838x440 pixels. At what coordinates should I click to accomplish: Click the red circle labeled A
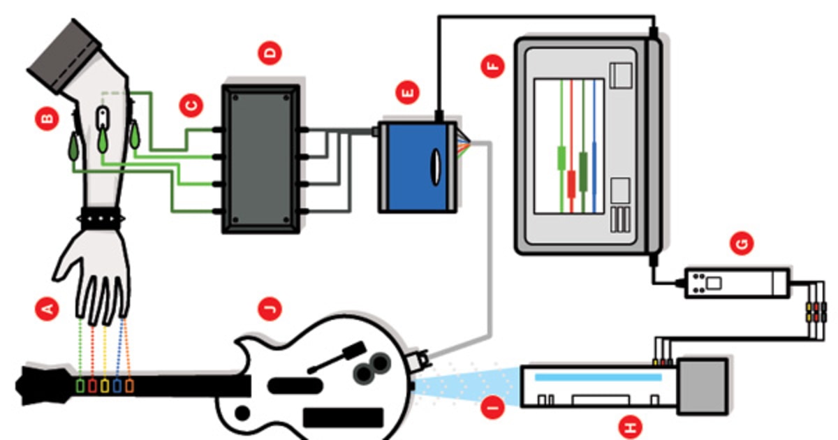pos(47,308)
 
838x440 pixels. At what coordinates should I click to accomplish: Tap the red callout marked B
pos(46,120)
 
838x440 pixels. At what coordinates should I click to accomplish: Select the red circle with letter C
pos(189,105)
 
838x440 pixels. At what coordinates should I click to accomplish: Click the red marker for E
pos(406,91)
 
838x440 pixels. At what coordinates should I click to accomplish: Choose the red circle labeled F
pos(493,67)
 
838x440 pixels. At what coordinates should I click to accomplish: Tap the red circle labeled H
pos(633,426)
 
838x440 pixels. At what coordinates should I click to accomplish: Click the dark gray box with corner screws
pos(260,159)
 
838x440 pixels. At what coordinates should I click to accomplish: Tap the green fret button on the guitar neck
pos(81,385)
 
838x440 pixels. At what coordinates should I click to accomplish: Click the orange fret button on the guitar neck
pos(129,385)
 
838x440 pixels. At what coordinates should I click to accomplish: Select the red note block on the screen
pos(571,183)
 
